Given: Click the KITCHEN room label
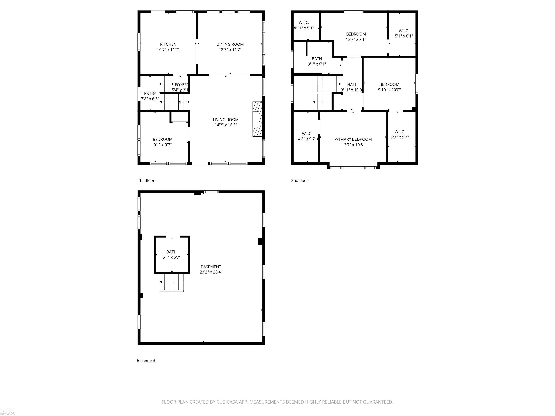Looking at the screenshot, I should (168, 44).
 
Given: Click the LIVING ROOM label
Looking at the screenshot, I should (226, 120).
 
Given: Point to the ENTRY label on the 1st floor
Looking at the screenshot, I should (150, 94).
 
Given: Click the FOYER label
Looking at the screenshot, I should (181, 85).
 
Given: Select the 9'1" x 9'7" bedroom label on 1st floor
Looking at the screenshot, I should (163, 142).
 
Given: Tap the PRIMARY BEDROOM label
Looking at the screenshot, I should (353, 139).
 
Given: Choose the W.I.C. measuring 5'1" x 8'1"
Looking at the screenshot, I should (404, 33).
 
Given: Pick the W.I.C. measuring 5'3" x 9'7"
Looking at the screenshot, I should (400, 134).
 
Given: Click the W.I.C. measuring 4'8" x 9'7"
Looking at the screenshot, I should (307, 136).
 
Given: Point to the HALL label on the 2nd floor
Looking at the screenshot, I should (352, 85).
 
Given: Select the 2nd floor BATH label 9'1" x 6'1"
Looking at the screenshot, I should (317, 61).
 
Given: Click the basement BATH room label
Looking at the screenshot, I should (171, 252).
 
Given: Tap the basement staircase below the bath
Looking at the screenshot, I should (172, 282).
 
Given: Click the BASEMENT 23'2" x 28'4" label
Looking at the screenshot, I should (211, 269).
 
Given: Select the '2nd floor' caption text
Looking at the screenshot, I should (299, 181).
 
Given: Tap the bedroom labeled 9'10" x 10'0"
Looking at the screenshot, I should (389, 87).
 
